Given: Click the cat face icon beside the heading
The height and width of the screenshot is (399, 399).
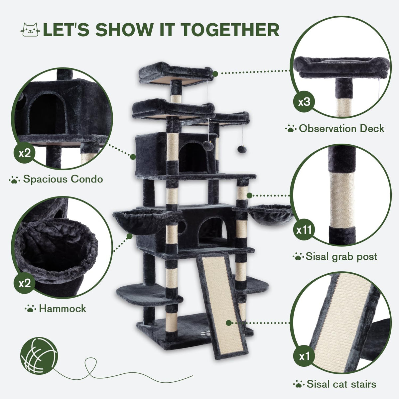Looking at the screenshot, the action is pyautogui.click(x=30, y=30).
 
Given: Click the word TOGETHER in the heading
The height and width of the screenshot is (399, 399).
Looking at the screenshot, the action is pyautogui.click(x=230, y=30).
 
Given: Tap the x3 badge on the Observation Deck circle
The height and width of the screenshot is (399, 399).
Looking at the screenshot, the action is pyautogui.click(x=304, y=102).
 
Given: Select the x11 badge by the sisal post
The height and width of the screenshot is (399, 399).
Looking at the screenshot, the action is pyautogui.click(x=304, y=230).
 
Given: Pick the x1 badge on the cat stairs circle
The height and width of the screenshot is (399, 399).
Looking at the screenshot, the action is pyautogui.click(x=304, y=356).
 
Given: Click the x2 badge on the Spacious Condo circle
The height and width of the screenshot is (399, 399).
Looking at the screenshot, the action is pyautogui.click(x=24, y=153).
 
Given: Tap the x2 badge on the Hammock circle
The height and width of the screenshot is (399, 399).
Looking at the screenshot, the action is pyautogui.click(x=24, y=283).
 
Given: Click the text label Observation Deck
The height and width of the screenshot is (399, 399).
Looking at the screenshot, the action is pyautogui.click(x=341, y=129).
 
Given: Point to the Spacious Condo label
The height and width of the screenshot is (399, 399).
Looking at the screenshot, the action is pyautogui.click(x=63, y=179).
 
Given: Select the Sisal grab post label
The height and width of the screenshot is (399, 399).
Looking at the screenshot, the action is pyautogui.click(x=341, y=257).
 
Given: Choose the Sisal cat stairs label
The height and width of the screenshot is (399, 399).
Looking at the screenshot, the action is pyautogui.click(x=341, y=384).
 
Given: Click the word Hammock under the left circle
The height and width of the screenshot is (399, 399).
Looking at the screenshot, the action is pyautogui.click(x=63, y=309).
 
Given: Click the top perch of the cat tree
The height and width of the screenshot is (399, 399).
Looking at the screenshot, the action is pyautogui.click(x=176, y=73).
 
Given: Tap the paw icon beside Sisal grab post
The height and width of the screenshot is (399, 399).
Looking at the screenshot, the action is pyautogui.click(x=298, y=257).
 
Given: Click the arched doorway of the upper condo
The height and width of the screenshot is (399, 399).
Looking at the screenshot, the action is pyautogui.click(x=194, y=156).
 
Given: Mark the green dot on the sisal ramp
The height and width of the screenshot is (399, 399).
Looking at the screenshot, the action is pyautogui.click(x=228, y=329).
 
